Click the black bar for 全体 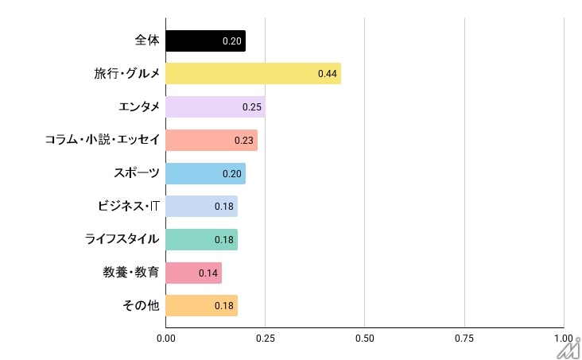pyautogui.click(x=199, y=41)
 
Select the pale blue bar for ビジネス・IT pyautogui.click(x=191, y=207)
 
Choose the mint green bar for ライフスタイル pyautogui.click(x=191, y=239)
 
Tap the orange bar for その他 pyautogui.click(x=191, y=306)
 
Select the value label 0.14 pyautogui.click(x=208, y=273)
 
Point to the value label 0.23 pyautogui.click(x=243, y=141)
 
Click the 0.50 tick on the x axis pyautogui.click(x=364, y=339)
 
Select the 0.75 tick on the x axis pyautogui.click(x=464, y=339)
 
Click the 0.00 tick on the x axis pyautogui.click(x=165, y=339)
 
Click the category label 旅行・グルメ pyautogui.click(x=126, y=74)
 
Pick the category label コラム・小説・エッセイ pyautogui.click(x=103, y=140)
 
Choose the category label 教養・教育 pyautogui.click(x=131, y=273)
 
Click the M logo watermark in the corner pyautogui.click(x=568, y=347)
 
